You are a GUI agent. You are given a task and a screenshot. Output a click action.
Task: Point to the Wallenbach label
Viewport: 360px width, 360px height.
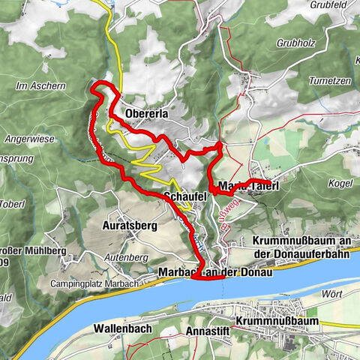119,328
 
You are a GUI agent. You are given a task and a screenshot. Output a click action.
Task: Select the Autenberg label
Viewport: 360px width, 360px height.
124,257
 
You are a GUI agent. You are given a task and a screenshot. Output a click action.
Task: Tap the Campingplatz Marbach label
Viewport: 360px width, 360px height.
80,283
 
